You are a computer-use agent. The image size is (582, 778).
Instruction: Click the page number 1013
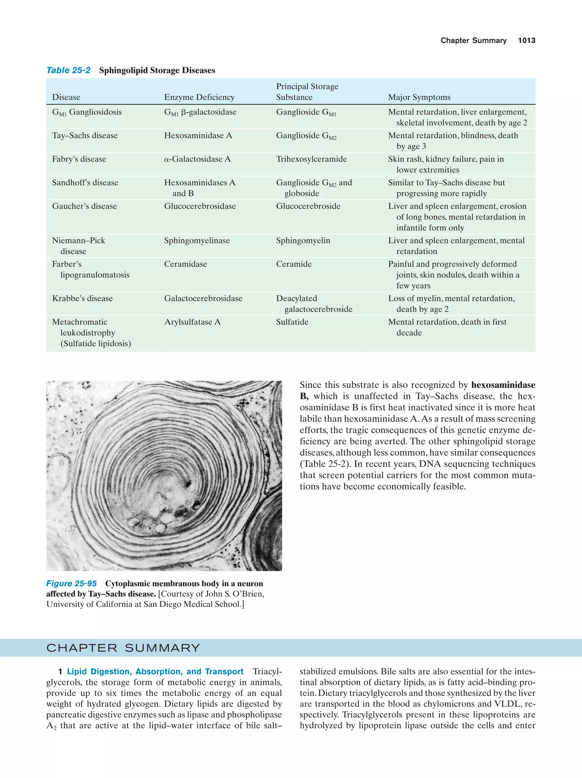(x=526, y=41)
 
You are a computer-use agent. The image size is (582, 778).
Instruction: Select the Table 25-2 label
(x=68, y=70)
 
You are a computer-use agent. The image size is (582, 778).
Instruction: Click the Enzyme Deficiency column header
(x=199, y=97)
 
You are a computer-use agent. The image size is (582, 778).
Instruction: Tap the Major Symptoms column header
(x=419, y=97)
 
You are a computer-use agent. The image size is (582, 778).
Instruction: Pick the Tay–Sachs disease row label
(x=85, y=135)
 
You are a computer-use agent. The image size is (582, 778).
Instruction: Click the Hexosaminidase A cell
(x=198, y=135)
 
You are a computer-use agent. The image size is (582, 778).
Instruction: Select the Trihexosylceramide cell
(x=311, y=159)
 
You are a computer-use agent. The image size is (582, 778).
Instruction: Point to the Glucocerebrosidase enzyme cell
(x=199, y=206)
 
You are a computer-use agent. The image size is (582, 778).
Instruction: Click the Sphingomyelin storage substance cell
(x=303, y=241)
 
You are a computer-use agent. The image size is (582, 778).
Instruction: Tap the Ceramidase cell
(x=185, y=264)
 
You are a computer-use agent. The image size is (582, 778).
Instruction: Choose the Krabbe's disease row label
(x=82, y=298)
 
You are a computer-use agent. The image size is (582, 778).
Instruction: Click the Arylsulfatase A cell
(x=192, y=322)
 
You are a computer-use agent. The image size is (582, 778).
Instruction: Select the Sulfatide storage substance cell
(x=292, y=322)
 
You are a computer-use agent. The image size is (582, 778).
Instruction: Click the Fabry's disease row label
(x=79, y=159)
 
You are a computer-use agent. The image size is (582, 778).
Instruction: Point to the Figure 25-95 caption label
(x=72, y=584)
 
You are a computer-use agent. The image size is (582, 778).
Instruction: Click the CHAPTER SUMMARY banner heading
(x=123, y=648)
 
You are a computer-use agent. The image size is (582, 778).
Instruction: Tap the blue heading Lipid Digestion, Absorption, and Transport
(x=155, y=672)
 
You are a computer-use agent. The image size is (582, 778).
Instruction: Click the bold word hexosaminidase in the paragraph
(x=503, y=385)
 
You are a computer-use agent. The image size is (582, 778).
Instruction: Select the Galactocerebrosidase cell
(x=203, y=298)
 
